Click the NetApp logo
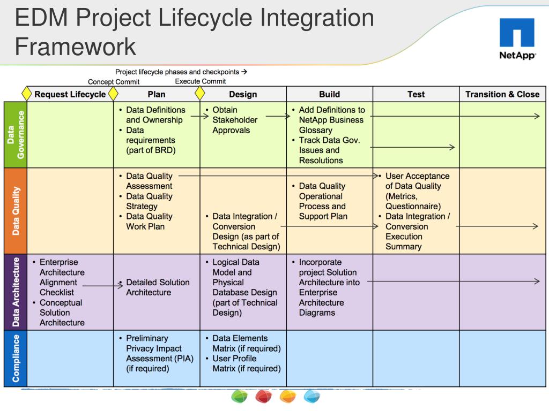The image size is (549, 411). pyautogui.click(x=517, y=39)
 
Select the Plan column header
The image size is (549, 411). pyautogui.click(x=157, y=94)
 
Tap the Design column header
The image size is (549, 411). pyautogui.click(x=243, y=94)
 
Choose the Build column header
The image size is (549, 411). pyautogui.click(x=329, y=94)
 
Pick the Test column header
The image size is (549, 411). pyautogui.click(x=416, y=94)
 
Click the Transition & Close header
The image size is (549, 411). pyautogui.click(x=502, y=94)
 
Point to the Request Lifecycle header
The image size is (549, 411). pyautogui.click(x=70, y=94)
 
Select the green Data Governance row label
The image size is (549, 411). pyautogui.click(x=15, y=135)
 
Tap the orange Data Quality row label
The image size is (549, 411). pyautogui.click(x=15, y=211)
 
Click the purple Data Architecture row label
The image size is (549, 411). pyautogui.click(x=15, y=292)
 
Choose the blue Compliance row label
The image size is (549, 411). pyautogui.click(x=15, y=358)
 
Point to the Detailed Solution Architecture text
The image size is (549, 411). pyautogui.click(x=157, y=287)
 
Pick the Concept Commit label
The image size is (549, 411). pyautogui.click(x=114, y=82)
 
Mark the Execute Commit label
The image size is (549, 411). pyautogui.click(x=201, y=81)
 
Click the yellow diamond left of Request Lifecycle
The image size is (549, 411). pyautogui.click(x=27, y=94)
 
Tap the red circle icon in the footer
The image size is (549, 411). pyautogui.click(x=264, y=397)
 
